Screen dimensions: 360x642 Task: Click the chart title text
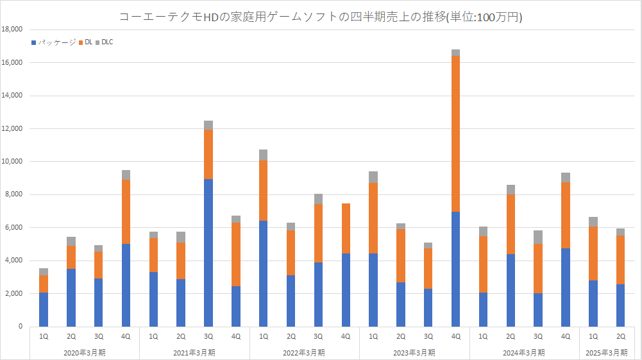(321, 17)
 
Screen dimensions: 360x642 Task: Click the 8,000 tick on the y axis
(14, 194)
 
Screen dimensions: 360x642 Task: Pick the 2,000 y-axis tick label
(14, 293)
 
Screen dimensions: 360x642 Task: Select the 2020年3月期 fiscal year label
(85, 352)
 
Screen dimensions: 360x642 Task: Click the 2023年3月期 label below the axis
(414, 352)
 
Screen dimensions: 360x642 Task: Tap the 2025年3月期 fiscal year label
(607, 352)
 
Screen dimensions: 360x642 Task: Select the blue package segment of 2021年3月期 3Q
(208, 252)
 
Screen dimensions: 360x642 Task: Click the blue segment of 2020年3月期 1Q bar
(44, 309)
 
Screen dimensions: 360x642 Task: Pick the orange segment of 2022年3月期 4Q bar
(346, 228)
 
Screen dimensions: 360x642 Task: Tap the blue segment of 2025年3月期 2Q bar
(621, 305)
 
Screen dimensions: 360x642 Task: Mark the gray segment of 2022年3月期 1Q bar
(264, 155)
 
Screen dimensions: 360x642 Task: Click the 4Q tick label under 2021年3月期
(236, 336)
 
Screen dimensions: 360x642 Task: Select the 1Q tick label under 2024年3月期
(484, 336)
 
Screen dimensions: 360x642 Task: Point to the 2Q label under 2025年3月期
(621, 336)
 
